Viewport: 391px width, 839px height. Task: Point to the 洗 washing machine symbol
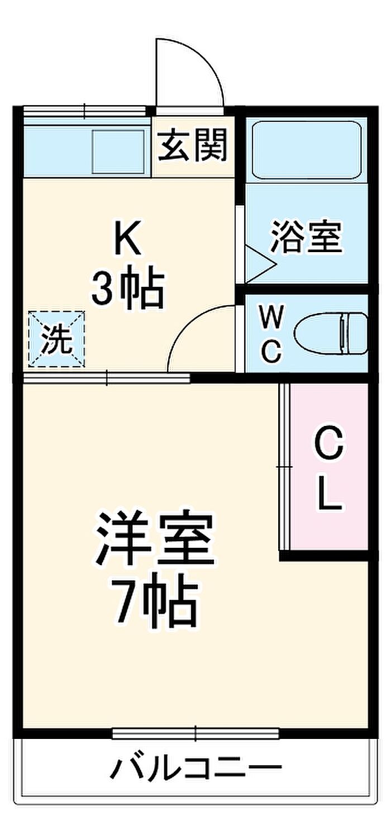[57, 339]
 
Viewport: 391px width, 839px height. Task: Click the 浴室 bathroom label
[307, 237]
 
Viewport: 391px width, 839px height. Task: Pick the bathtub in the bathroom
[307, 150]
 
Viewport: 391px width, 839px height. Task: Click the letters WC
[271, 334]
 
